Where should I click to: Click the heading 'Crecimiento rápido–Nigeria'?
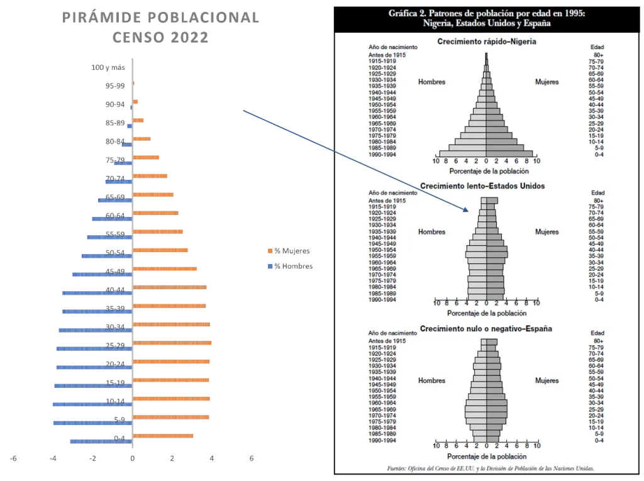(487, 42)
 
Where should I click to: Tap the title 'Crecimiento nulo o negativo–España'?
(487, 328)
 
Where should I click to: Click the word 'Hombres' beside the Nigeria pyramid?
(431, 82)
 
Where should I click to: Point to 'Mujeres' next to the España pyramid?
(547, 380)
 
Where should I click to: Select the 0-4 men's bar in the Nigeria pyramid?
(462, 153)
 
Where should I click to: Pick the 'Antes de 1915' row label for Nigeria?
(387, 56)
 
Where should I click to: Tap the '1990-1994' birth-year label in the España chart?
(382, 441)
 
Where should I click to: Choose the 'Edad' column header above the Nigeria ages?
(597, 47)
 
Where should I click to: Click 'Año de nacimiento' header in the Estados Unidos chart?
(388, 192)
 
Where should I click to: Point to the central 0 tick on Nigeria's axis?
(486, 162)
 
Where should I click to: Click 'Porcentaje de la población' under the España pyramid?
(487, 456)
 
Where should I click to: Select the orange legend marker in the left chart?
(270, 252)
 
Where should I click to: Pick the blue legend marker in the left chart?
(270, 267)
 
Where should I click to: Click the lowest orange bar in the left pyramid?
(164, 436)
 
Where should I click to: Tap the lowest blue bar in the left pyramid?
(99, 442)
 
